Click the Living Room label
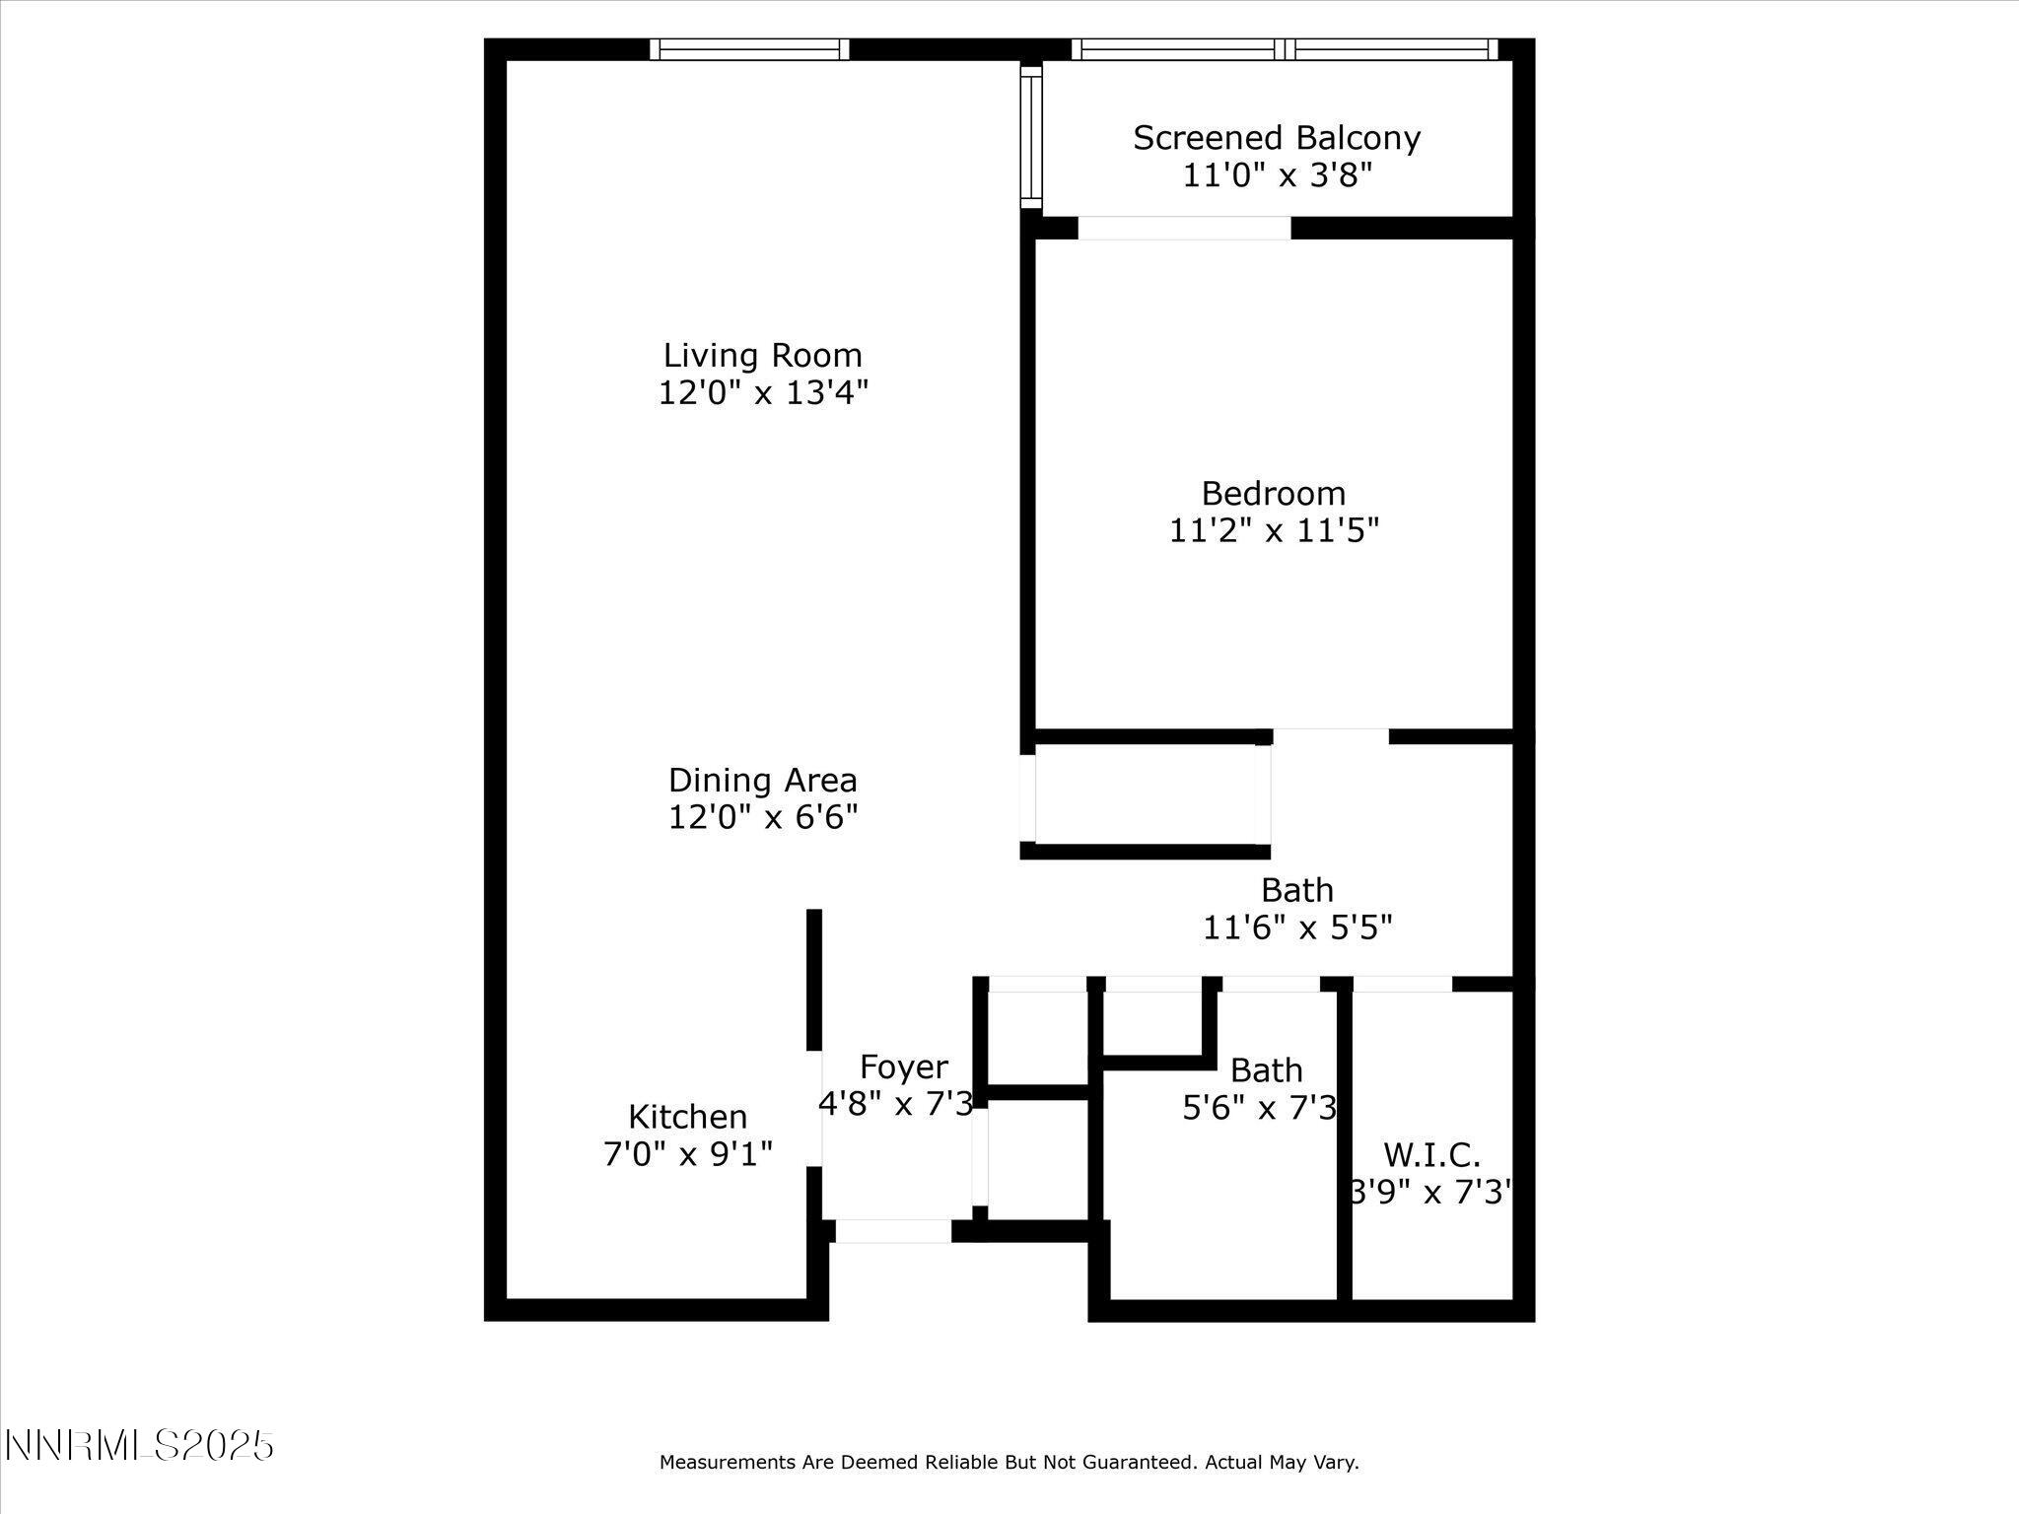pos(762,355)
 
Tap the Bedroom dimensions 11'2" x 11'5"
pos(1274,530)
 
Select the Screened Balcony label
pos(1277,138)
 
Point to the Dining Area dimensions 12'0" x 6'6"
pos(763,817)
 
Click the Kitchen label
pos(687,1117)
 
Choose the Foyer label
pos(903,1067)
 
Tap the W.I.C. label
pos(1431,1154)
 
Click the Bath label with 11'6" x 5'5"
pos(1296,890)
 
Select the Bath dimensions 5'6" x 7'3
pos(1259,1108)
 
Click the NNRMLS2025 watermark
pos(139,1446)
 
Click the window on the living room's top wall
pos(749,49)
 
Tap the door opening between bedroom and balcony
pos(1184,228)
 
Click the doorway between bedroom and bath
pos(1330,736)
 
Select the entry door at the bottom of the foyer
pos(893,1231)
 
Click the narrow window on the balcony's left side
pos(1030,136)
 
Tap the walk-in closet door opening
pos(1402,984)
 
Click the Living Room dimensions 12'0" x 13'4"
pos(763,393)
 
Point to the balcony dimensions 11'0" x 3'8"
pos(1277,176)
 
